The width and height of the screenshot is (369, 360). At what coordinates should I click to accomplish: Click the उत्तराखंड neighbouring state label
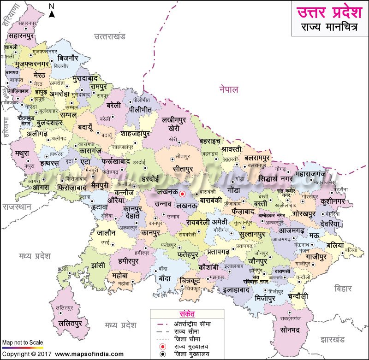click(x=110, y=36)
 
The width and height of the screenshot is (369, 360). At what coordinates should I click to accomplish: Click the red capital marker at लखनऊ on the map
click(x=182, y=194)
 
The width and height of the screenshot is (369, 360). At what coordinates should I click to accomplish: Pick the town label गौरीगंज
click(x=221, y=228)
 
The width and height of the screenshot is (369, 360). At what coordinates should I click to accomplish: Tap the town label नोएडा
click(x=31, y=106)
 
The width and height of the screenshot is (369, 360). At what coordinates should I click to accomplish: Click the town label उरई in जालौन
click(x=105, y=242)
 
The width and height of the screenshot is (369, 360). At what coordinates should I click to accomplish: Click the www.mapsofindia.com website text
click(x=89, y=354)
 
